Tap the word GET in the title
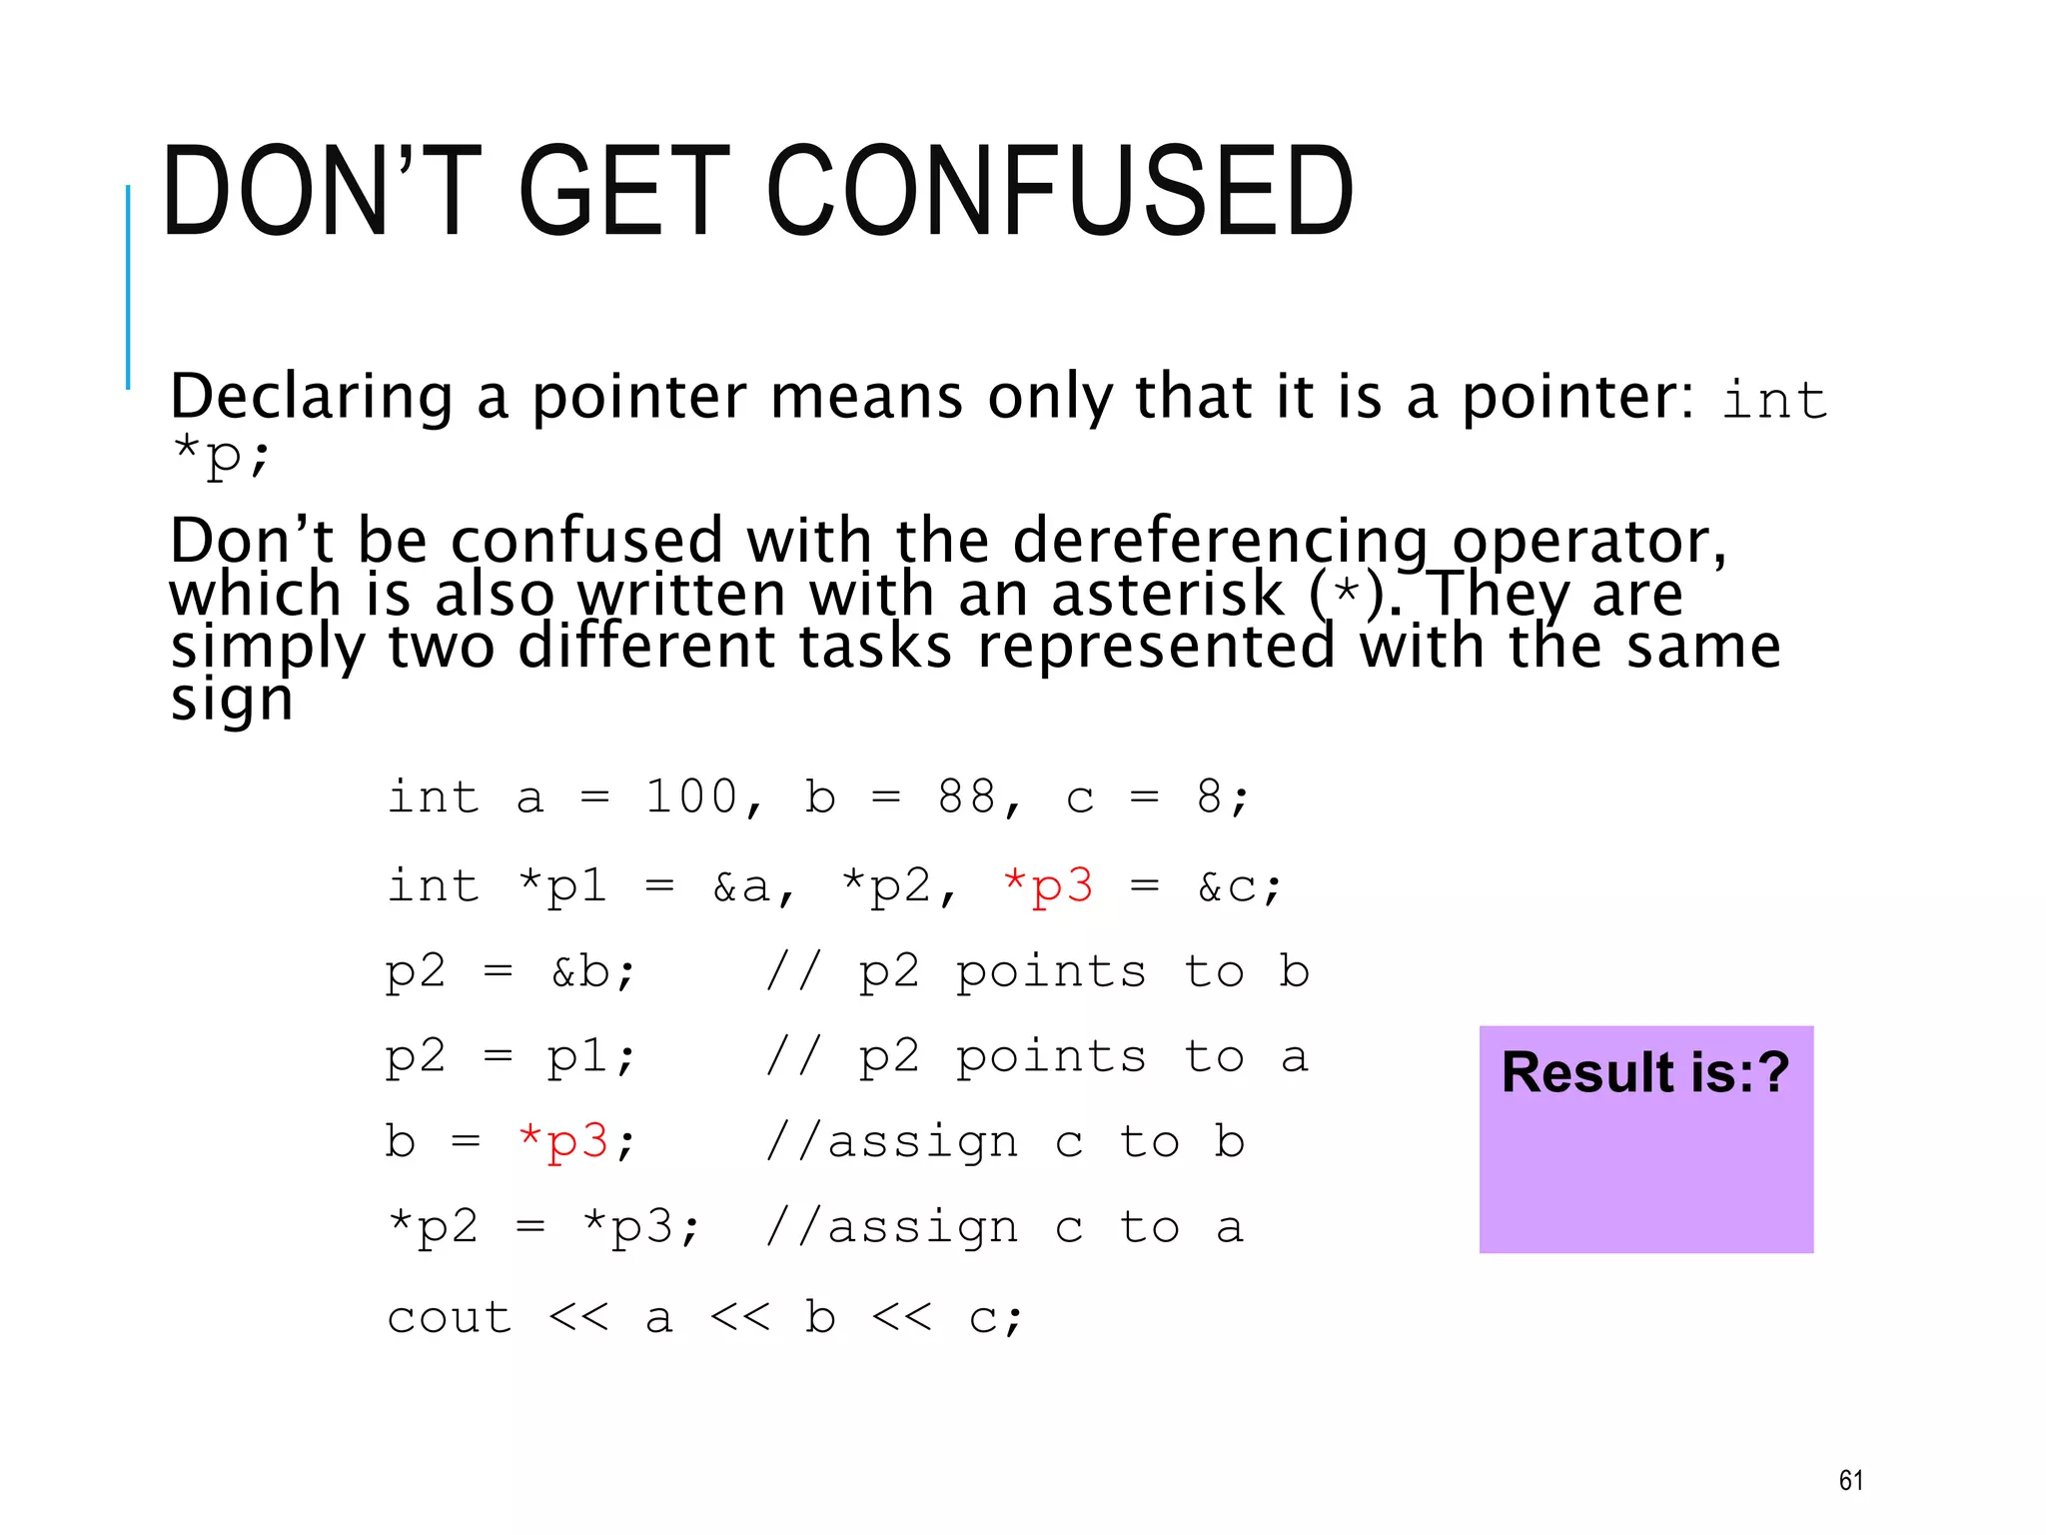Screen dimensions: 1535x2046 (x=624, y=192)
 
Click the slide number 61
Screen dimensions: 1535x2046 (x=1850, y=1480)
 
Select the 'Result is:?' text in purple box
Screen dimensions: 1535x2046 (x=1644, y=1073)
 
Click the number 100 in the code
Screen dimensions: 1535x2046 (x=689, y=797)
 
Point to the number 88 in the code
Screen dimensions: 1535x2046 (x=967, y=797)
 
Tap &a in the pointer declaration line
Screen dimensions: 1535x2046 (x=741, y=886)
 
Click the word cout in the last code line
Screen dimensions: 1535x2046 (x=450, y=1317)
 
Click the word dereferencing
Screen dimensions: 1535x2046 (x=1221, y=542)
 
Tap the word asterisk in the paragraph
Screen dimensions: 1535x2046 (x=1167, y=595)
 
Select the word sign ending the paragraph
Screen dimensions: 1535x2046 (x=232, y=700)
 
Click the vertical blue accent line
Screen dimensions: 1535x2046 (x=128, y=287)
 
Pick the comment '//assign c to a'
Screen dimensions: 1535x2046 (x=1004, y=1227)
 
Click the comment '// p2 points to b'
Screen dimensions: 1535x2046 (x=1037, y=971)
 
